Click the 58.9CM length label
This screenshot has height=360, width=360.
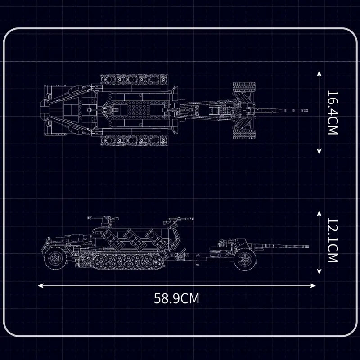[176, 298]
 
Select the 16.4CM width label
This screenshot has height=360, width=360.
[332, 113]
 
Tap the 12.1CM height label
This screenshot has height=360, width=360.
[332, 241]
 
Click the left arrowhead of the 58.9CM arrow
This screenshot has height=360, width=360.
[40, 285]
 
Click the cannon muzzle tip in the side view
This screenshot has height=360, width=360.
[309, 246]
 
